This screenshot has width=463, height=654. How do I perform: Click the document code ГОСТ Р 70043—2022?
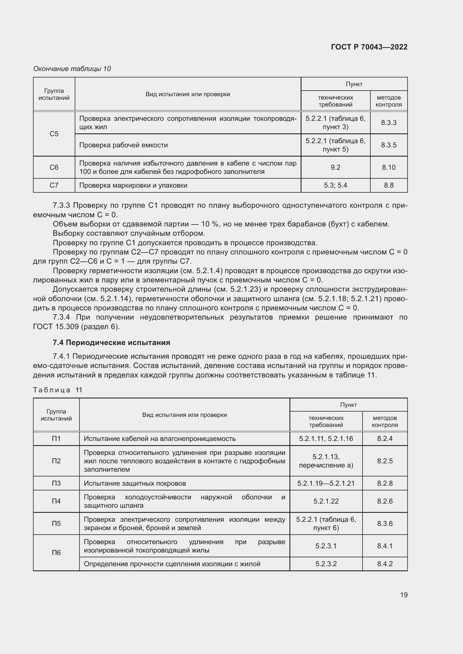click(x=369, y=47)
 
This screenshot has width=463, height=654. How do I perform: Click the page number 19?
click(x=404, y=595)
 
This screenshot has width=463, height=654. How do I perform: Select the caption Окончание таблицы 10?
click(x=72, y=69)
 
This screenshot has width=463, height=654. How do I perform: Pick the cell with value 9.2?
click(x=335, y=167)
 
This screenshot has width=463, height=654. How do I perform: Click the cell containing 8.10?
click(x=389, y=167)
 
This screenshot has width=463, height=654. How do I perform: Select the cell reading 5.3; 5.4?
click(x=335, y=185)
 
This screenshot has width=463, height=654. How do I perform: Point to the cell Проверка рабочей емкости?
click(x=123, y=145)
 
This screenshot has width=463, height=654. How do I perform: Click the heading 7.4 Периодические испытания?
click(x=111, y=343)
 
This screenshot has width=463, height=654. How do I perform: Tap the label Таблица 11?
click(x=58, y=390)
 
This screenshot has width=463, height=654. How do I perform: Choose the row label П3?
click(x=56, y=483)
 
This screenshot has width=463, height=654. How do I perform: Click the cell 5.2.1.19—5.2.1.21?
click(x=326, y=483)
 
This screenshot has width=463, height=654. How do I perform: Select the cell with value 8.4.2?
click(x=385, y=564)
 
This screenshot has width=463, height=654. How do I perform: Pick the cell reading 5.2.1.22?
click(x=326, y=501)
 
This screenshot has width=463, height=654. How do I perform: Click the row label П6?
click(x=56, y=553)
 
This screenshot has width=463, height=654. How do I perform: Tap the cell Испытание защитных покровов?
click(x=135, y=483)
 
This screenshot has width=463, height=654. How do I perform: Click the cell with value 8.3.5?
click(x=389, y=145)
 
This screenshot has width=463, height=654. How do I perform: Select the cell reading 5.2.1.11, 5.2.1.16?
click(x=326, y=439)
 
